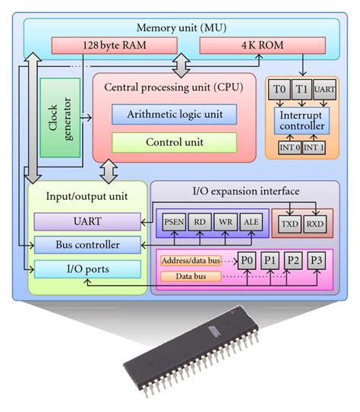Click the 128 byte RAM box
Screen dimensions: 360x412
(x=114, y=46)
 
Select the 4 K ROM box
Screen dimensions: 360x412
(x=263, y=46)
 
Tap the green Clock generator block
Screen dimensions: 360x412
(x=60, y=118)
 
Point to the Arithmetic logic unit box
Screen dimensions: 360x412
(x=175, y=114)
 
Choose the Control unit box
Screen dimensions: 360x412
(x=175, y=142)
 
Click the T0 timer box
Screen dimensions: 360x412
(x=279, y=90)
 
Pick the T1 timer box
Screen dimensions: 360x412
(x=302, y=90)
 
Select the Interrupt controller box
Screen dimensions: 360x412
(x=302, y=121)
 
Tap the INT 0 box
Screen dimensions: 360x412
(x=290, y=147)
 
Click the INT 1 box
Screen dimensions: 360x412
(x=314, y=147)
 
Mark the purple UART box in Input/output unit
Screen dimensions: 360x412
(x=87, y=221)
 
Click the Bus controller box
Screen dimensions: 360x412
(x=87, y=245)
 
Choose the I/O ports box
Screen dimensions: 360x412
(x=87, y=269)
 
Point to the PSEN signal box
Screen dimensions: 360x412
(x=174, y=222)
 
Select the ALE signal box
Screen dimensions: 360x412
(x=251, y=222)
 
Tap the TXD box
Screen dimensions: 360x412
(x=289, y=224)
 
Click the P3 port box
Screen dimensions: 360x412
(x=317, y=261)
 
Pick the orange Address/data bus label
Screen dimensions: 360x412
(x=191, y=261)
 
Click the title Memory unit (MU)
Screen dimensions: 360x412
(x=182, y=28)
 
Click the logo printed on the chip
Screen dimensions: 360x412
(x=214, y=331)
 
